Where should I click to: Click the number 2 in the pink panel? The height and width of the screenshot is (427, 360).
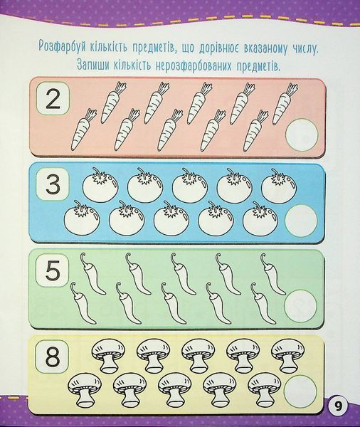click(53, 100)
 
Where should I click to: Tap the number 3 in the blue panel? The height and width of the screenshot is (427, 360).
click(53, 184)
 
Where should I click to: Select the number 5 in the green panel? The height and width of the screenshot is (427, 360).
click(53, 270)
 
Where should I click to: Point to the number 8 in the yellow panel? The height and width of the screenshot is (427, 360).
click(52, 357)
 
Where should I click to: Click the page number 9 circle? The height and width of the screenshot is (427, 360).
click(338, 407)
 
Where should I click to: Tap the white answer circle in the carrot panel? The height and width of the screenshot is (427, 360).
click(302, 135)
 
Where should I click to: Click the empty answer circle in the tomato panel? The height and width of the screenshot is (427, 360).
click(301, 221)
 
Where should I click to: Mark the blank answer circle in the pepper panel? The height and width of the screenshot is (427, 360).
click(300, 306)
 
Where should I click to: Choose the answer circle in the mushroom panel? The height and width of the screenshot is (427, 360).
click(300, 391)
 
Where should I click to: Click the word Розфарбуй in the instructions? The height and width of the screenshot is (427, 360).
click(62, 47)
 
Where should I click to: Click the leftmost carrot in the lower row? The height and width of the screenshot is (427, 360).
click(83, 130)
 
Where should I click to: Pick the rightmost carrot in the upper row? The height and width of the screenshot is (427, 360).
click(285, 104)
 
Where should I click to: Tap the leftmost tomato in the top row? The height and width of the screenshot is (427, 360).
click(100, 185)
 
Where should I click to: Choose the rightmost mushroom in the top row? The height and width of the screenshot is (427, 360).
click(287, 356)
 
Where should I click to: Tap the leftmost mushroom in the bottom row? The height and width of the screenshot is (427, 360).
click(84, 390)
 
